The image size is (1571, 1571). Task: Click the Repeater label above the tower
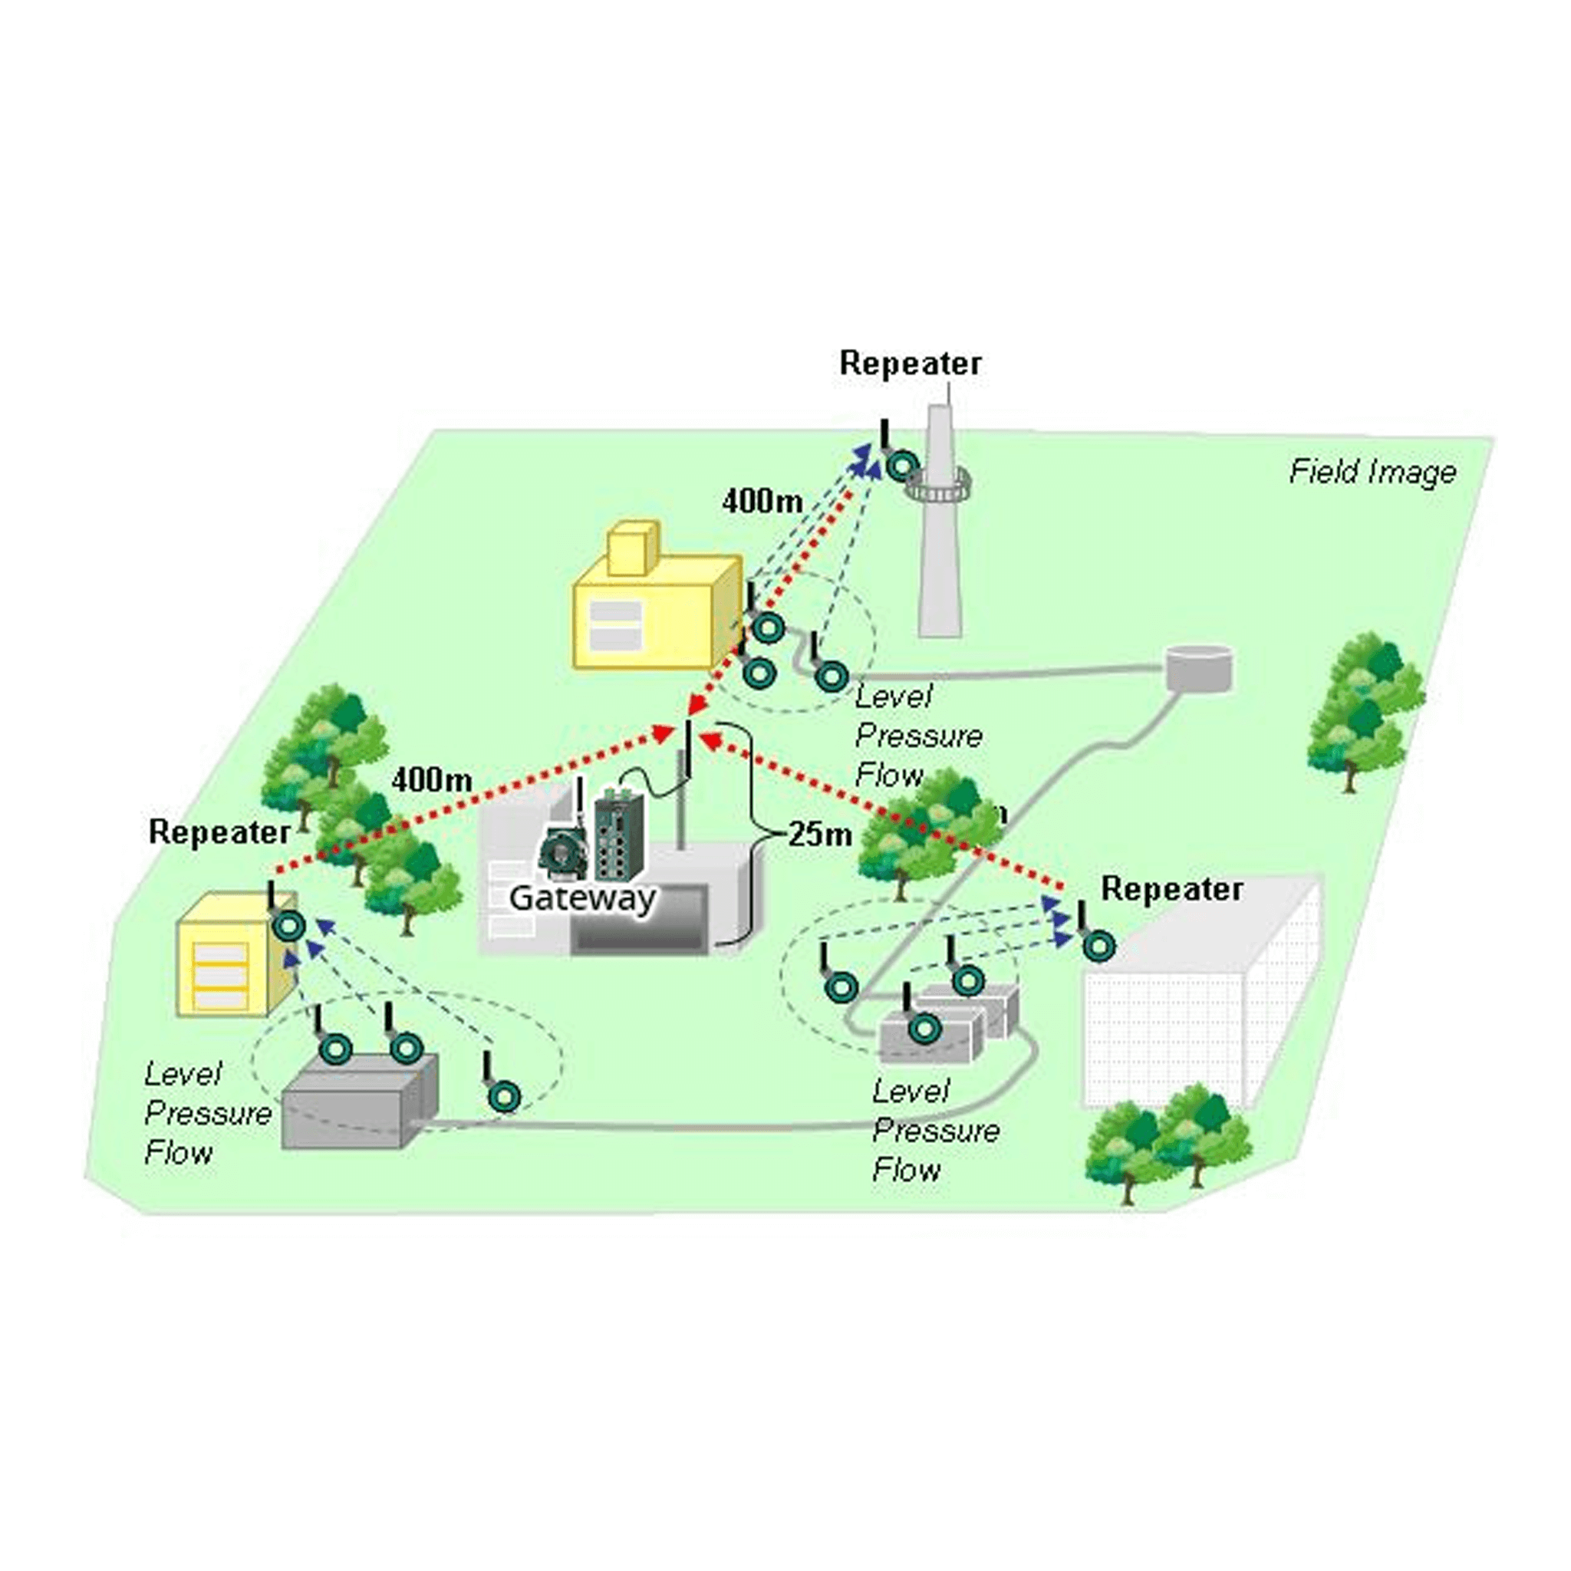point(910,363)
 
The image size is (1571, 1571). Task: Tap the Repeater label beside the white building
point(1172,889)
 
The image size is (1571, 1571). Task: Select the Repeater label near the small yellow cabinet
point(219,832)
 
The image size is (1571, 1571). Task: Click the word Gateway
point(582,897)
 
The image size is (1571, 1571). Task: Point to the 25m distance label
point(820,834)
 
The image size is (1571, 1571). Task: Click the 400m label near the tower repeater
point(762,501)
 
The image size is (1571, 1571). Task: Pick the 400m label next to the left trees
point(432,780)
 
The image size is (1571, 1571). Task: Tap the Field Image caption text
point(1372,472)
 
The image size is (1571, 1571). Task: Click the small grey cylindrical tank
point(1199,668)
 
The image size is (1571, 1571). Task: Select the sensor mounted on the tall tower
point(903,466)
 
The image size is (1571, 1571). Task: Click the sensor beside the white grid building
point(1098,946)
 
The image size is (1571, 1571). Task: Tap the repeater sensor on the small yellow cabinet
point(290,926)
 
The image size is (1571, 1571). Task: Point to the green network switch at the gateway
point(620,838)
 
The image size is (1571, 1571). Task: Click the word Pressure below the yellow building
point(919,736)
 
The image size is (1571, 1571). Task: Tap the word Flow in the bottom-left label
point(179,1152)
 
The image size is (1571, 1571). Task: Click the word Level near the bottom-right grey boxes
point(911,1092)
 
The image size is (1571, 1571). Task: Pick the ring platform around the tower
point(940,486)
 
